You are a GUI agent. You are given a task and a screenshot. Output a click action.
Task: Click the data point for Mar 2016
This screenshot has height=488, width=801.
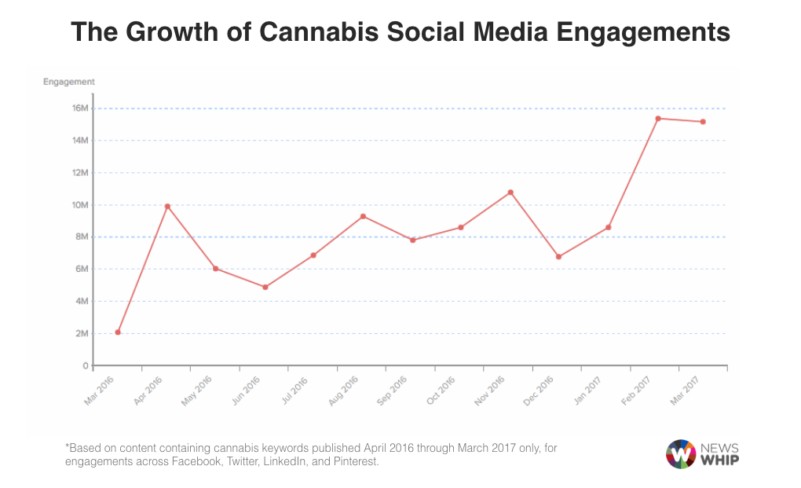point(118,332)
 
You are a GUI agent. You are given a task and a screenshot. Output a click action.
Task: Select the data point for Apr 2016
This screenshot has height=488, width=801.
point(167,207)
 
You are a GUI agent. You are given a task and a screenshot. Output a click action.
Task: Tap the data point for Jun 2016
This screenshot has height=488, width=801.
point(265,287)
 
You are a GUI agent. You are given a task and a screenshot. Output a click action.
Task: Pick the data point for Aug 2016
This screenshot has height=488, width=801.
point(363,216)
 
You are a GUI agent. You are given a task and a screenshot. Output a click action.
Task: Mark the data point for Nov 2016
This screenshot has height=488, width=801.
point(510,193)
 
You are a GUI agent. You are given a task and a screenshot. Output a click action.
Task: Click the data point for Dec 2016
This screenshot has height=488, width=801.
point(559,257)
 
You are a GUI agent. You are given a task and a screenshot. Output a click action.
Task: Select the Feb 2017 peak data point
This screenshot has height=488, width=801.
point(658,119)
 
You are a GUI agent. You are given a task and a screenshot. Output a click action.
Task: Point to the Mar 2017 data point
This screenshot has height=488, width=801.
point(703,122)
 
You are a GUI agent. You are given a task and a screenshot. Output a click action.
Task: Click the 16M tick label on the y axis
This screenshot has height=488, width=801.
point(80,108)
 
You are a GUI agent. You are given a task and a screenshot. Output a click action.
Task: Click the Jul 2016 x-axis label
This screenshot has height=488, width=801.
point(294,391)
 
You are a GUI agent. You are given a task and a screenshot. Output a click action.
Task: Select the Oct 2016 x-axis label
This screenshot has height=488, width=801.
point(441,391)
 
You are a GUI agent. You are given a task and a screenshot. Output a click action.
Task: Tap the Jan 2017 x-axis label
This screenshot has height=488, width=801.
point(588,391)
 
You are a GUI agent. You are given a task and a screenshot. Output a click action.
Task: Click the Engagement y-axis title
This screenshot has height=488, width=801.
point(69,82)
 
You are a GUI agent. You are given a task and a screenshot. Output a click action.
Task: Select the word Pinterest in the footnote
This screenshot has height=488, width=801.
point(357,462)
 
